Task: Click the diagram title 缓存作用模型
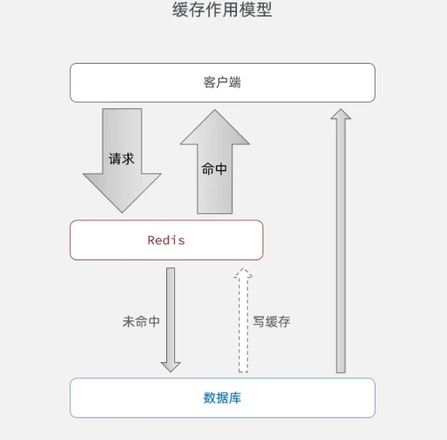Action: (x=222, y=11)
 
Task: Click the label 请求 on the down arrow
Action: (x=121, y=158)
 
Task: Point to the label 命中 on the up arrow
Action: (x=214, y=169)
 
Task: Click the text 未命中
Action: (x=141, y=321)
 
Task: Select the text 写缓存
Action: (x=272, y=321)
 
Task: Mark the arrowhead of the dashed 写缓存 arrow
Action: (x=243, y=275)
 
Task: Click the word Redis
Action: (x=166, y=239)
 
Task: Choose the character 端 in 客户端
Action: (x=235, y=83)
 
